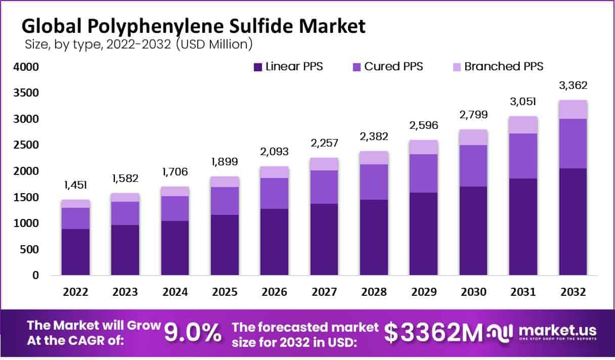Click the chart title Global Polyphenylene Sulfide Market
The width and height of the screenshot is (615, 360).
click(193, 26)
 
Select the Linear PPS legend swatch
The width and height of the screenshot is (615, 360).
click(257, 66)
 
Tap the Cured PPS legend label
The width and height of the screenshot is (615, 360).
click(393, 66)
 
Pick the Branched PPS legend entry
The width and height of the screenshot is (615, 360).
click(504, 66)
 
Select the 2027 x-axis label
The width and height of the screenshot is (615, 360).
click(324, 292)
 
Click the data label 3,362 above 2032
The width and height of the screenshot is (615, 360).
click(573, 85)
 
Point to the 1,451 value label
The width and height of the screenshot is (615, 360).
click(75, 186)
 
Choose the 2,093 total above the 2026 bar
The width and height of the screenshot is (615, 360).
click(274, 152)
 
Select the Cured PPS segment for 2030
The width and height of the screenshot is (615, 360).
click(473, 166)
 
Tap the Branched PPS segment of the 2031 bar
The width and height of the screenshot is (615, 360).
click(523, 125)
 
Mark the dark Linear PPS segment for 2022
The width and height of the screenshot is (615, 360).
click(75, 252)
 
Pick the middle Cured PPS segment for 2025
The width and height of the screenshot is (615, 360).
click(225, 201)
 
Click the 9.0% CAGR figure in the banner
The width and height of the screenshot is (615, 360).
click(193, 332)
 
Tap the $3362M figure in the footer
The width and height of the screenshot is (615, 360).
click(433, 332)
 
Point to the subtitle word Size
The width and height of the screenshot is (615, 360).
click(36, 44)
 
